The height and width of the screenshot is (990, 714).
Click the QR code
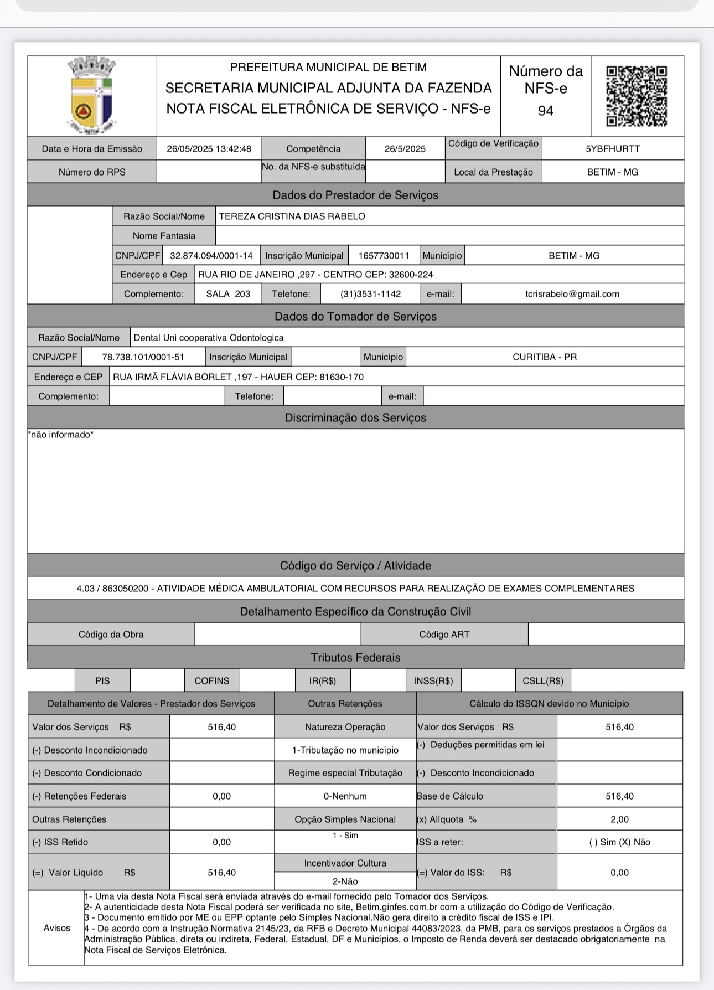click(637, 96)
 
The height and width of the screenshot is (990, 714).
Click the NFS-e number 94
click(545, 111)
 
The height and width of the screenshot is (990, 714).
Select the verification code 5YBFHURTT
click(613, 149)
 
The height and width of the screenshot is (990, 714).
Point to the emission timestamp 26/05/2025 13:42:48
click(209, 149)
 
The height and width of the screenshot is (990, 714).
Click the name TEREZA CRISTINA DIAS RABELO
click(292, 216)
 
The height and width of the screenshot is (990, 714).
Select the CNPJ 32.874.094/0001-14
click(211, 256)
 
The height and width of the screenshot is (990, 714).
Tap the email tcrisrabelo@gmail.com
click(572, 294)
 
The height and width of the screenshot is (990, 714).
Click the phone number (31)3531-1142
click(370, 294)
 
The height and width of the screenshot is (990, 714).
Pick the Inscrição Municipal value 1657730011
click(384, 256)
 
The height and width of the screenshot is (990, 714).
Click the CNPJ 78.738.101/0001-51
click(143, 357)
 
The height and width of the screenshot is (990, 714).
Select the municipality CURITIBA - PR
click(545, 357)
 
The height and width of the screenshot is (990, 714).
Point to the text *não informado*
click(61, 435)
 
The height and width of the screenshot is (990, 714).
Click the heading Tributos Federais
click(355, 658)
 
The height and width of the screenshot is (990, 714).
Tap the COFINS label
click(211, 681)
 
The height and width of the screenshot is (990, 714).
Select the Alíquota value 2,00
click(619, 819)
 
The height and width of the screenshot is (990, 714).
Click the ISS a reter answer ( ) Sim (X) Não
click(619, 842)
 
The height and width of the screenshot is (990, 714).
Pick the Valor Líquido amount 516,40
click(221, 873)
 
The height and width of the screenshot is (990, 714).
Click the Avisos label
click(56, 928)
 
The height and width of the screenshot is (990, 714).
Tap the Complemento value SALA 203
click(228, 294)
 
